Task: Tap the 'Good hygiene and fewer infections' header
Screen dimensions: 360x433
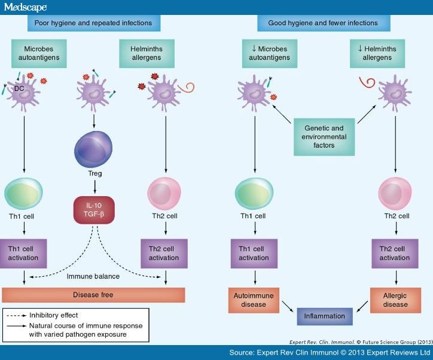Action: click(324, 23)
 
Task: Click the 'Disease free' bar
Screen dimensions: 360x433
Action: click(93, 294)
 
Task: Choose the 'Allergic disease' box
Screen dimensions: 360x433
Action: click(394, 299)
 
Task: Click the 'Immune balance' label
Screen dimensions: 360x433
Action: click(93, 277)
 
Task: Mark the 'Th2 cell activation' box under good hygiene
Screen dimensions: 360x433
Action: click(394, 253)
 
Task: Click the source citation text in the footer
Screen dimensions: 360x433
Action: click(328, 353)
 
